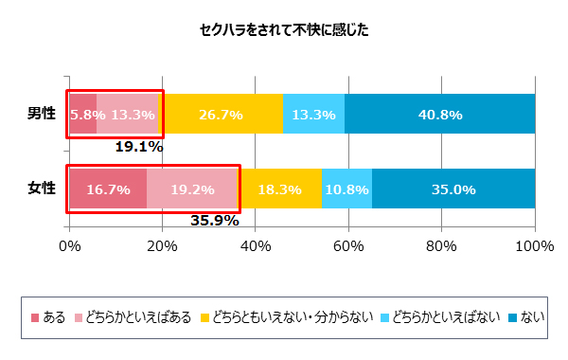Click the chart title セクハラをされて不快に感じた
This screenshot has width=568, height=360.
[x=284, y=29]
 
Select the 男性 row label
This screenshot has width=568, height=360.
[x=41, y=114]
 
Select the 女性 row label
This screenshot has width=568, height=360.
[x=41, y=189]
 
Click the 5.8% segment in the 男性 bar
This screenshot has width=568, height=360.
[x=82, y=114]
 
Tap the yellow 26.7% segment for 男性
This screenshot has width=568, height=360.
[x=221, y=114]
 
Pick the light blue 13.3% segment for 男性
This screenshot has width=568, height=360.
[x=313, y=114]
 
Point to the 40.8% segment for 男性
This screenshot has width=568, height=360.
[x=439, y=114]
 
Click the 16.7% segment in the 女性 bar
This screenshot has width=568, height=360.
[x=107, y=189]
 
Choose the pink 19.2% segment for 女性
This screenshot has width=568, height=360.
[x=191, y=189]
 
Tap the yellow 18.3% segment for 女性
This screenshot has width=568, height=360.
[x=278, y=189]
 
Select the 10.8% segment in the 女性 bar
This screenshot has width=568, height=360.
[x=346, y=189]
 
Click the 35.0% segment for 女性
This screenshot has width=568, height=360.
[x=453, y=189]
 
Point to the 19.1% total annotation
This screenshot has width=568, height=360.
[x=139, y=147]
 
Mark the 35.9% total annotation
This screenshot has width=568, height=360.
[x=214, y=222]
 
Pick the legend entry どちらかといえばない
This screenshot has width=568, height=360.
[x=445, y=315]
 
